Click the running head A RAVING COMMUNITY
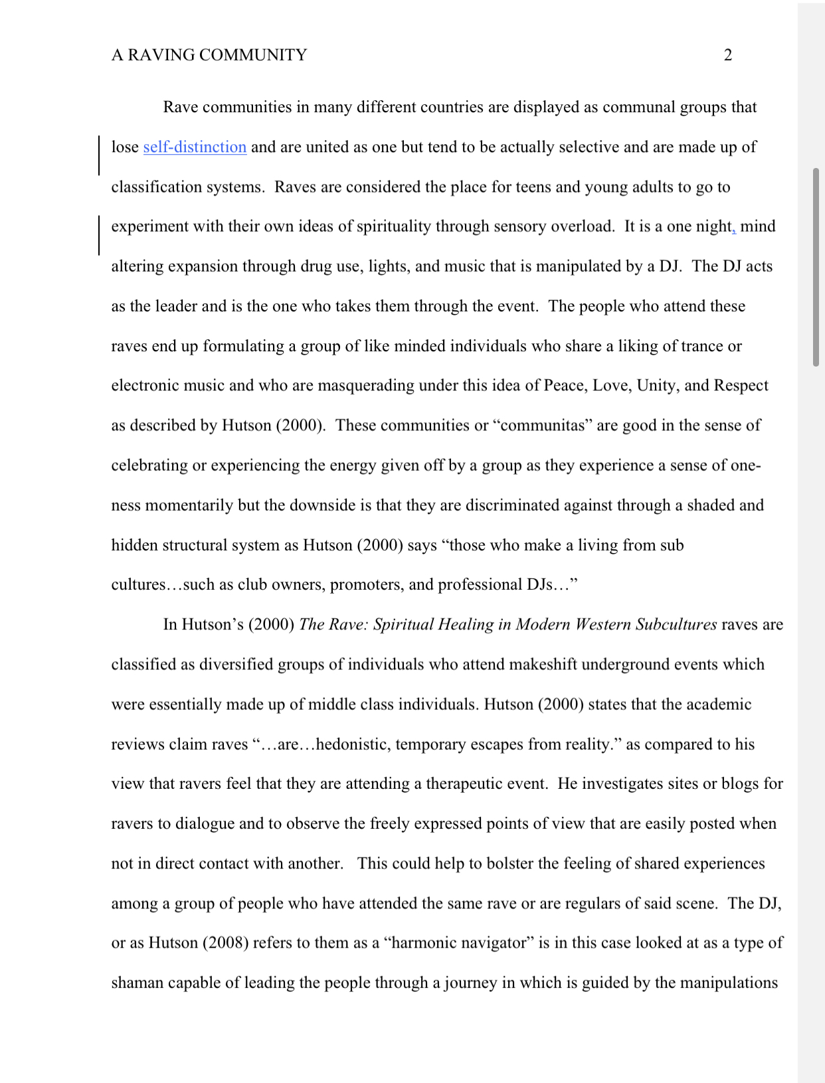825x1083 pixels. pos(209,55)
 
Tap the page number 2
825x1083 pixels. pos(727,55)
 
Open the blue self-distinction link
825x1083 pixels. pos(195,147)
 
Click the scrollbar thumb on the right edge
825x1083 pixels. pos(816,267)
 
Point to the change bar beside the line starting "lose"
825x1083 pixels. pos(99,155)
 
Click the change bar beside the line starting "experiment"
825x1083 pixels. pos(99,235)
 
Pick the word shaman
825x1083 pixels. pos(137,983)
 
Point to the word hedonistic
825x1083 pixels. pos(353,744)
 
